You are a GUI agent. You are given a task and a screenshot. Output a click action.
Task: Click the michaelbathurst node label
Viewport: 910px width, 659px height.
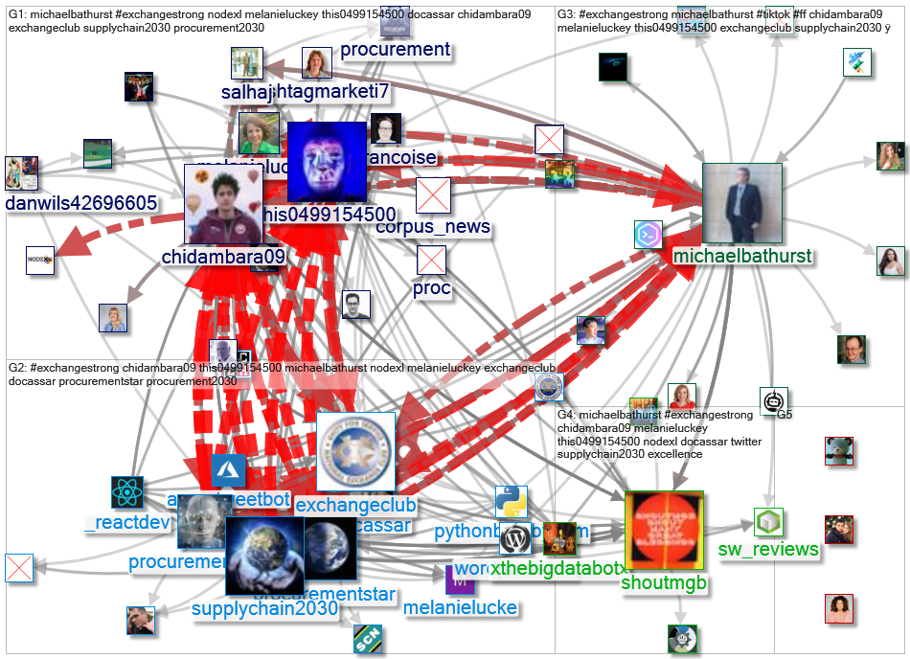coord(742,257)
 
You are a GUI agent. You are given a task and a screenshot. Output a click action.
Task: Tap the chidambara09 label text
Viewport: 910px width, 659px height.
coord(223,257)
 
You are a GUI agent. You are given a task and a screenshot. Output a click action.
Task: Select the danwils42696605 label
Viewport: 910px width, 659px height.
coord(81,203)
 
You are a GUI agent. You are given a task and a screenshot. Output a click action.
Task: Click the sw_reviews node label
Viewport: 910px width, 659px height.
coord(768,549)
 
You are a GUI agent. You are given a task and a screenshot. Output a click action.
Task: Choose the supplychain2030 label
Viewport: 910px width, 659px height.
coord(264,608)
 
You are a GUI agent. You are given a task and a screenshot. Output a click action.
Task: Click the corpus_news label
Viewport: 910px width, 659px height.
coord(433,227)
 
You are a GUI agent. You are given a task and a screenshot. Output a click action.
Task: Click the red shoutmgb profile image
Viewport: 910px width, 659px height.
coord(664,530)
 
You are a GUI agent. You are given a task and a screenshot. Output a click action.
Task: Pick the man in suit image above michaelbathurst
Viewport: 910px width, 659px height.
coord(742,203)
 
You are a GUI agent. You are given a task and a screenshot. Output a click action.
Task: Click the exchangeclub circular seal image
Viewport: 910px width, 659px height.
coord(355,452)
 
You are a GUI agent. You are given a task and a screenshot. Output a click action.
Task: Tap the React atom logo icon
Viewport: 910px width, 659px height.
coord(126,492)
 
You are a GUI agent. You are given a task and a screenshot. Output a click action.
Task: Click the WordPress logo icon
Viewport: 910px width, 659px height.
coord(514,538)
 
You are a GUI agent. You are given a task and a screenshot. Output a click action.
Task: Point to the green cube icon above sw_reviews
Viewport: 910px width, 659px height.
coord(768,523)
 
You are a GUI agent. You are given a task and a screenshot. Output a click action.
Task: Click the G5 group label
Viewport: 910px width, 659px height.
coord(785,415)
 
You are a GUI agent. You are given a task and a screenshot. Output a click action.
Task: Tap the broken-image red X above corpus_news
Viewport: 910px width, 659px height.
coord(433,195)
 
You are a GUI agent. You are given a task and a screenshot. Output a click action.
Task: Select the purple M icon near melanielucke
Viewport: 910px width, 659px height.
coord(461,579)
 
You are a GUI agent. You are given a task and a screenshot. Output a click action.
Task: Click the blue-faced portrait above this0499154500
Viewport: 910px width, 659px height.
coord(327,161)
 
